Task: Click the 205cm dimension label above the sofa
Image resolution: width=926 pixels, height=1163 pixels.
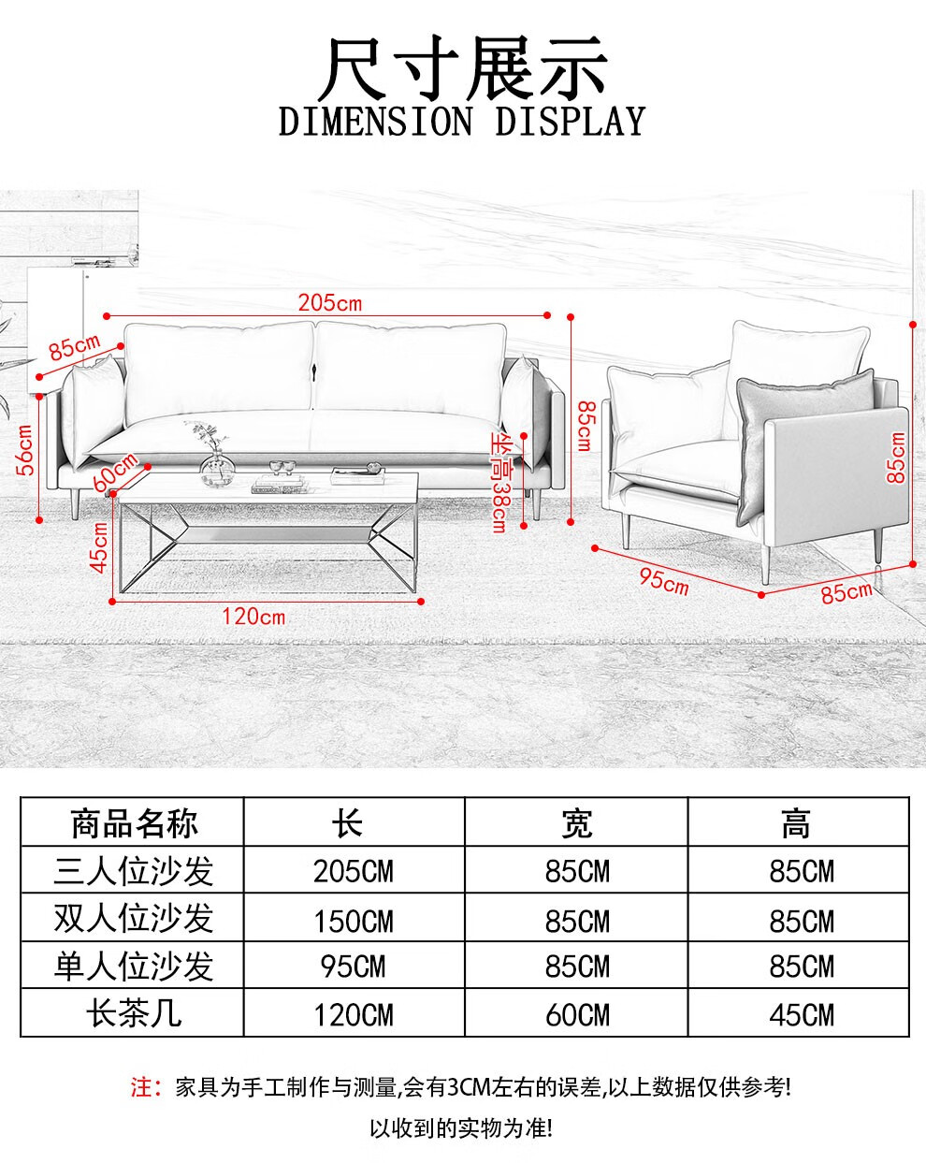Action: (x=329, y=302)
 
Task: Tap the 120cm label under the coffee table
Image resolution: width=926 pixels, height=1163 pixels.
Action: (x=253, y=617)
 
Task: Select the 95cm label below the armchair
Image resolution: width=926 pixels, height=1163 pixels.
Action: (x=663, y=580)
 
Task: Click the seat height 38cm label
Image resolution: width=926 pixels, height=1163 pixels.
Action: (x=500, y=483)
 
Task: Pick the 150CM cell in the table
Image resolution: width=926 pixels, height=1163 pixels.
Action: (x=354, y=921)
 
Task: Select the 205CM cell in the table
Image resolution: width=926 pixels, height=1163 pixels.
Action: (x=354, y=872)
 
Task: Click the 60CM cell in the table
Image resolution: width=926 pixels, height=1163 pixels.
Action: (x=577, y=1015)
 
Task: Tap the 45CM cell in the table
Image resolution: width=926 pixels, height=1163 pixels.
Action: (x=802, y=1015)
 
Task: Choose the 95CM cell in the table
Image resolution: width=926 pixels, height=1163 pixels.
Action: (x=354, y=967)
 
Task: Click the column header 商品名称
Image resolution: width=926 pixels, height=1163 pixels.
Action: (x=134, y=823)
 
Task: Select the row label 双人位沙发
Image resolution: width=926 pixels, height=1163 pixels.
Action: (x=134, y=919)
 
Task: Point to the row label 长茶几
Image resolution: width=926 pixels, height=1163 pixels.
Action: (x=134, y=1014)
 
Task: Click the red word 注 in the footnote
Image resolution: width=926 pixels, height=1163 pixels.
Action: (x=140, y=1087)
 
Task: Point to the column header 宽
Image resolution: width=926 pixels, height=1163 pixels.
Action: (x=577, y=823)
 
